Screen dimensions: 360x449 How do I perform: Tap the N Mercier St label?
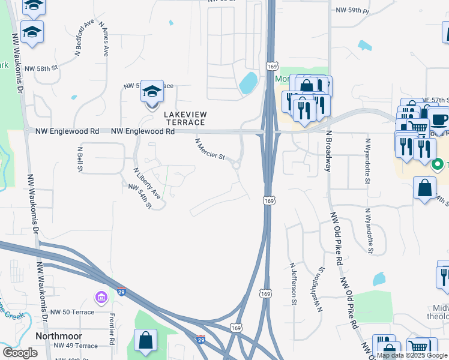(210, 150)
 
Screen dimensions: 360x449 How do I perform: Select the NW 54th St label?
(140, 196)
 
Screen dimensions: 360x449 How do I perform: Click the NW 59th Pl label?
(354, 10)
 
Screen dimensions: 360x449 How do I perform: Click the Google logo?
(20, 353)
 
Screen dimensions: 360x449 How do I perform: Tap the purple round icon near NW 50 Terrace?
(101, 297)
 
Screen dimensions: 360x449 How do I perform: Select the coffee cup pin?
(439, 118)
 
